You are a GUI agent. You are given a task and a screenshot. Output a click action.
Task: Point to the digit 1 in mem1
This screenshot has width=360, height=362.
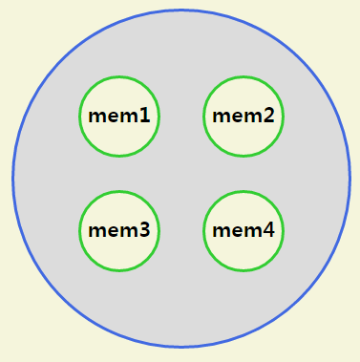[x=144, y=117]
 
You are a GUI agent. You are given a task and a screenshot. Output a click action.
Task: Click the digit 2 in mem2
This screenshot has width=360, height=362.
[x=268, y=117]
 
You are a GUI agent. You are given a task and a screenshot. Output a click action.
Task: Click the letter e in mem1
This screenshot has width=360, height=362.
[x=112, y=117]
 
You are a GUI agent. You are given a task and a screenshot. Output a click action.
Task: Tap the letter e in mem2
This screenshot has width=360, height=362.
[x=236, y=117]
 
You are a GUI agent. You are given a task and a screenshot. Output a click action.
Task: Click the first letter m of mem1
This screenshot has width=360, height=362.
[x=96, y=117]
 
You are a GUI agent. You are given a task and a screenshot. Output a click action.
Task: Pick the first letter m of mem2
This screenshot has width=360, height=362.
[x=221, y=117]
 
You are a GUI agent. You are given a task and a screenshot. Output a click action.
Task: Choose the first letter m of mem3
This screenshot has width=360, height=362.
[x=96, y=231]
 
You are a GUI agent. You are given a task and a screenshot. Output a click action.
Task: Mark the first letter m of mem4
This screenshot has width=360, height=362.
[x=221, y=231]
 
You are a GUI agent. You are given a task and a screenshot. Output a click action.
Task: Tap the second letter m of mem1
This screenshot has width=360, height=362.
[x=128, y=117]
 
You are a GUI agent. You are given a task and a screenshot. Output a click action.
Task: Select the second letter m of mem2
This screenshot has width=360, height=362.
[x=252, y=117]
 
